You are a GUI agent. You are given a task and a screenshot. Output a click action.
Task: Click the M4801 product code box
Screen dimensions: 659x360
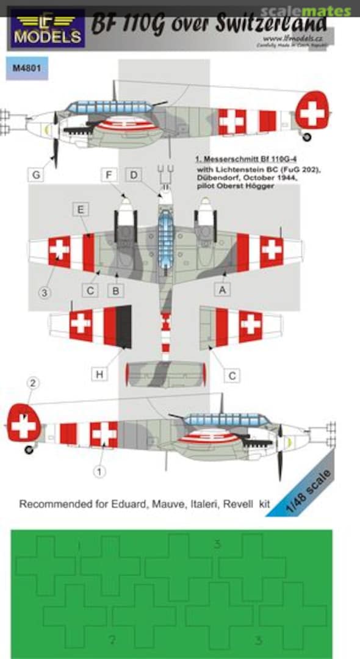coord(27,68)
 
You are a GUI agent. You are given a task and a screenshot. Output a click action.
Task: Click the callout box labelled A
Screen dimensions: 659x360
coord(223,290)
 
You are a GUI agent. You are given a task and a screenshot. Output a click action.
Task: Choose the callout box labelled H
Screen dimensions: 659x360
coord(100,374)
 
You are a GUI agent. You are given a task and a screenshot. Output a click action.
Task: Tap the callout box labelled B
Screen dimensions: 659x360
coord(114,290)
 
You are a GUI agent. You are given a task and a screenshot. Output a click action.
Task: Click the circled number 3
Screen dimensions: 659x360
coord(44,293)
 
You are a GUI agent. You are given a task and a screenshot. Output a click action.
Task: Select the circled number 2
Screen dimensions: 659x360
coord(34,384)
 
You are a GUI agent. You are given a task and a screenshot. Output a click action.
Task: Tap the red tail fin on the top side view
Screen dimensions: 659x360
coord(312,110)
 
